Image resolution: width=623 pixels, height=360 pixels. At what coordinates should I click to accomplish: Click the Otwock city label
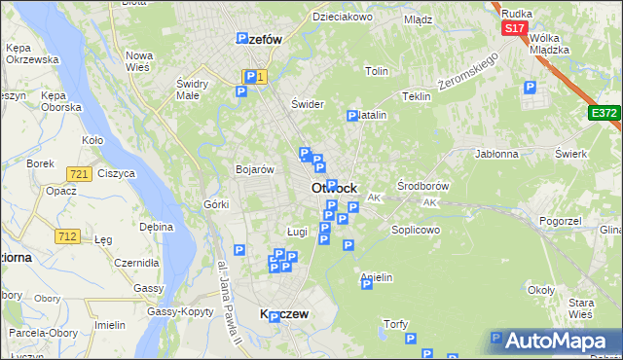(x=334, y=188)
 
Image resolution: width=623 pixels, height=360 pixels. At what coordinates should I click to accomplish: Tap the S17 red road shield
(x=515, y=29)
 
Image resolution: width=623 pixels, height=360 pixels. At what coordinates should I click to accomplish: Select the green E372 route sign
(x=604, y=114)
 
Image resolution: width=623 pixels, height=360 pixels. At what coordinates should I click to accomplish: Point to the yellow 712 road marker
(x=68, y=235)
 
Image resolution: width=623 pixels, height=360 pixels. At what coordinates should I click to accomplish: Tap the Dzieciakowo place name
(x=343, y=18)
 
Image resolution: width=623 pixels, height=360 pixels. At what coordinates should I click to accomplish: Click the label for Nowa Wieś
(x=139, y=60)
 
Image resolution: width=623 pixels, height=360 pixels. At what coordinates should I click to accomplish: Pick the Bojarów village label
(x=254, y=169)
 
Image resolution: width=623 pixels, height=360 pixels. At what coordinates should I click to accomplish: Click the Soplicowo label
(x=416, y=230)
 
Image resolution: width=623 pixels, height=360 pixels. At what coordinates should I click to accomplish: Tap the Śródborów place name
(x=423, y=185)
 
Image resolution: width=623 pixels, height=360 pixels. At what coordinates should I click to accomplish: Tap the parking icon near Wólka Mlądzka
(x=530, y=88)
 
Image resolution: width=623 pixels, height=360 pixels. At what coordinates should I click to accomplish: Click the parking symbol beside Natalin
(x=352, y=116)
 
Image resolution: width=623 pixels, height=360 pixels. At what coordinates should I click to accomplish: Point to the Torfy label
(x=395, y=324)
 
